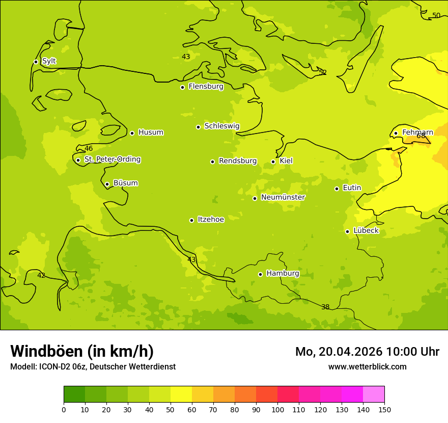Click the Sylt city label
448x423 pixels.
pos(49,61)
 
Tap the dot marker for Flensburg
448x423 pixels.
pos(182,87)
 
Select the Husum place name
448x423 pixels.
pos(151,133)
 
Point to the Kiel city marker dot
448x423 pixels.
pos(273,162)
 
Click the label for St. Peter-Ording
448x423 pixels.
pos(112,160)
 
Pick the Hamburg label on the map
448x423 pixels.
pos(283,274)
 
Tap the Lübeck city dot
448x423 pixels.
pos(347,231)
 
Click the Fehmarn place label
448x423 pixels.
pos(417,133)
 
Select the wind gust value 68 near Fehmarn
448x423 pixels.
pos(421,136)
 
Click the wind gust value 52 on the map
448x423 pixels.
pos(322,72)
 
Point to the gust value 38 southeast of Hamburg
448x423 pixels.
pos(325,307)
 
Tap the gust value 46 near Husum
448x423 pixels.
pos(89,149)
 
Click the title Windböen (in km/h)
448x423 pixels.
pos(82,351)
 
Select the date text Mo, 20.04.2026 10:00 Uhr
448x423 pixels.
pos(367,352)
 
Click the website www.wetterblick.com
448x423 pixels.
pos(367,366)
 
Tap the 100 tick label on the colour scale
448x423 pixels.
pos(277,409)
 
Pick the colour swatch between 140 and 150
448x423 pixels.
pos(374,394)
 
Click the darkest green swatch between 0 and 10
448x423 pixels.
pos(74,394)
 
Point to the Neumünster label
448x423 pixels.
pos(283,197)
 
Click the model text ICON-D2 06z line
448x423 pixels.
pos(93,366)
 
